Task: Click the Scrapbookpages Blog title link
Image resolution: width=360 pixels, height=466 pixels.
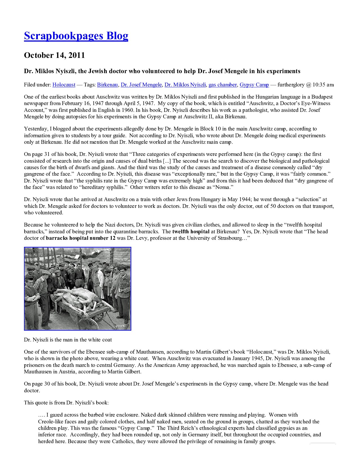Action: point(76,36)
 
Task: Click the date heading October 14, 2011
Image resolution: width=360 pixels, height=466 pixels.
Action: point(54,55)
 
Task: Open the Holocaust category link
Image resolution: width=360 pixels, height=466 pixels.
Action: point(64,85)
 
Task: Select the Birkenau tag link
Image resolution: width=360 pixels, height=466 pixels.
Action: point(107,85)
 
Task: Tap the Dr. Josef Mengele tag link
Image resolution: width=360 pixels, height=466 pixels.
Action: point(141,85)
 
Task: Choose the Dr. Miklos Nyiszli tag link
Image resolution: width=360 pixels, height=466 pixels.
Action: point(185,85)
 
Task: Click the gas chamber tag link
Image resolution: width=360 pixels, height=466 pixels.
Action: point(222,85)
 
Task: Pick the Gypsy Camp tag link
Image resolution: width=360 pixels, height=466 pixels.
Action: point(254,85)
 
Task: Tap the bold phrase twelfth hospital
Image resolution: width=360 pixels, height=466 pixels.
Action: point(191,232)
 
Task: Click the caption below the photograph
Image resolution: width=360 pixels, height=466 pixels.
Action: point(68,340)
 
